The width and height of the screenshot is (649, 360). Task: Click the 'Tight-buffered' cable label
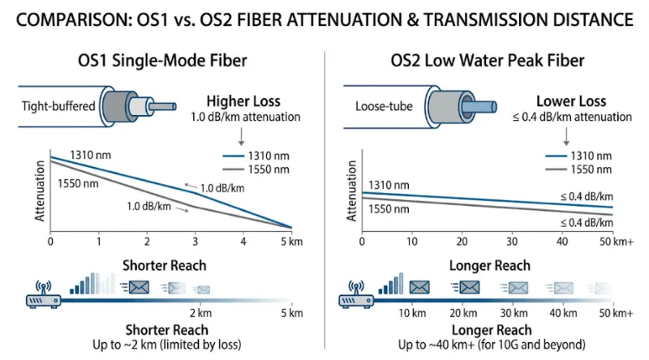click(x=55, y=107)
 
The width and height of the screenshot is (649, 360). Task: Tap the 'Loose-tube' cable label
click(x=380, y=107)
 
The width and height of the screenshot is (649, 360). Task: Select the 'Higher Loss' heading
click(x=243, y=102)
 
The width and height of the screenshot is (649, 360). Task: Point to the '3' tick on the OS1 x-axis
click(x=195, y=242)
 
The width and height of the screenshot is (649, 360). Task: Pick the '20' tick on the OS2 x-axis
click(x=462, y=242)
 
